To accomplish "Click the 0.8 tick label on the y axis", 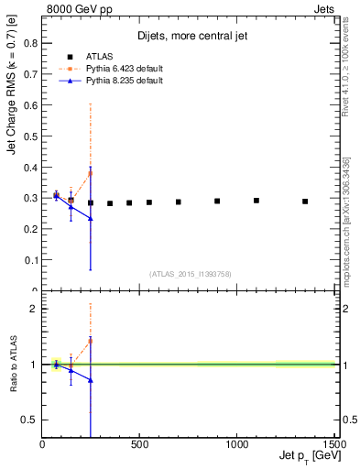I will click(x=31, y=43).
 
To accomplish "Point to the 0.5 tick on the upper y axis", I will click(x=31, y=136).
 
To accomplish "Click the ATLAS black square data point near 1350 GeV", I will click(x=305, y=202).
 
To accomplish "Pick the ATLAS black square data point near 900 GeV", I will click(x=217, y=201).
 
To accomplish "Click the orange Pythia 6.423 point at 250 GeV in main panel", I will click(x=91, y=172).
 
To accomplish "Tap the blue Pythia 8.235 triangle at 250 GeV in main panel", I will click(x=91, y=218).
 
